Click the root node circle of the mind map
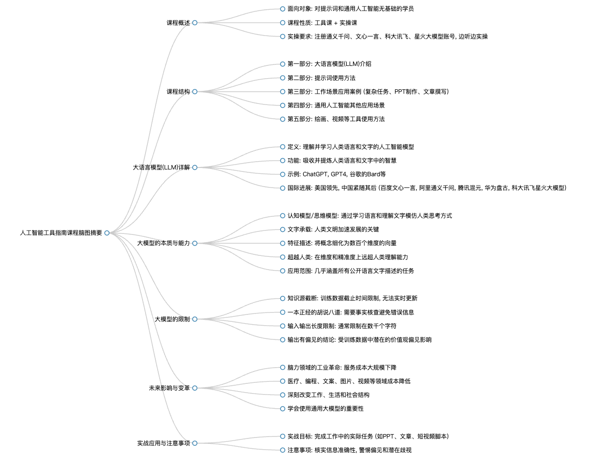point(107,233)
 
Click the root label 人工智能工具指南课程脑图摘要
point(61,233)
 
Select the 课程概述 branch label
point(178,23)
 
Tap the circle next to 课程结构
point(195,91)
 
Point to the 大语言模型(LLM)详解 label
point(161,167)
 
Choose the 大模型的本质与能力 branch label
point(164,243)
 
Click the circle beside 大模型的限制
point(195,319)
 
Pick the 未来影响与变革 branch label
point(169,388)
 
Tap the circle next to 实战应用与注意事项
point(195,443)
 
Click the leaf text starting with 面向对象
point(351,9)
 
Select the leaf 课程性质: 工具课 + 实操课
point(322,23)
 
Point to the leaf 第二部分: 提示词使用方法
point(321,78)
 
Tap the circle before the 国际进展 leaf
point(283,188)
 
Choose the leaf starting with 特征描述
point(342,243)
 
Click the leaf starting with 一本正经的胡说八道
point(351,312)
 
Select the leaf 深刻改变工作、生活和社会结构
point(328,395)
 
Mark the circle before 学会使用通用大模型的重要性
point(283,409)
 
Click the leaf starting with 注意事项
point(350,450)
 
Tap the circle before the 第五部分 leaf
point(283,119)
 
